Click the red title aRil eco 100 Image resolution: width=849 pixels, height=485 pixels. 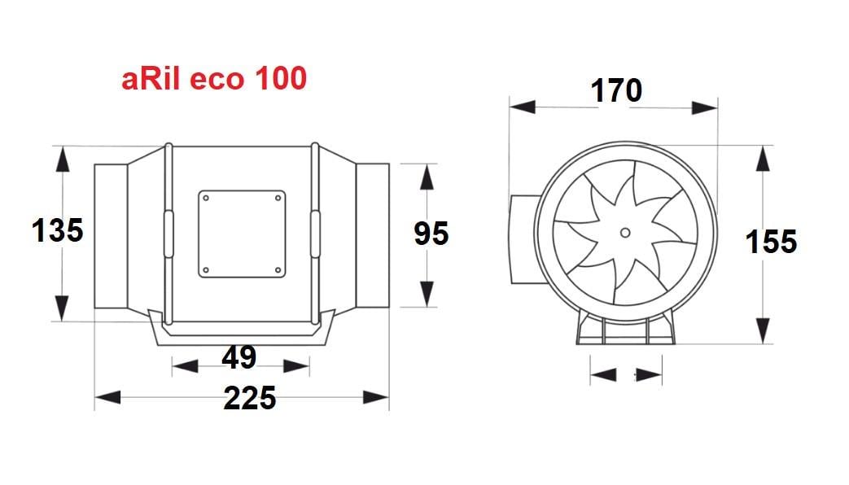(214, 79)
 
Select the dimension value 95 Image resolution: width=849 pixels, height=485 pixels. (431, 234)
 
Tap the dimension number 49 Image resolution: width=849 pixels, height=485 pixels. (239, 357)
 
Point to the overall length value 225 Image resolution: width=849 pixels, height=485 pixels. (249, 398)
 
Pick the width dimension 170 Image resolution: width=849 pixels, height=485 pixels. (616, 91)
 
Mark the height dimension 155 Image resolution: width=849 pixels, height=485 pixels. (772, 242)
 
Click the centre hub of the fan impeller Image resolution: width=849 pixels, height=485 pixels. (624, 233)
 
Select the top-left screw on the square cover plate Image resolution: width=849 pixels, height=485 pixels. (207, 198)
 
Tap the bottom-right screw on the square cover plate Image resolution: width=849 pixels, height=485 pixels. (278, 269)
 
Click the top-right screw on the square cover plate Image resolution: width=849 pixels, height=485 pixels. (278, 198)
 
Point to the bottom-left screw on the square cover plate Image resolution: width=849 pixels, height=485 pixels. (207, 269)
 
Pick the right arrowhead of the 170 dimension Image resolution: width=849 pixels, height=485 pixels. (705, 106)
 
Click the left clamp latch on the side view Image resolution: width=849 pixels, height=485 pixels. (168, 234)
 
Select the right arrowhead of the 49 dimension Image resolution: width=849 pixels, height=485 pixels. (298, 367)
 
